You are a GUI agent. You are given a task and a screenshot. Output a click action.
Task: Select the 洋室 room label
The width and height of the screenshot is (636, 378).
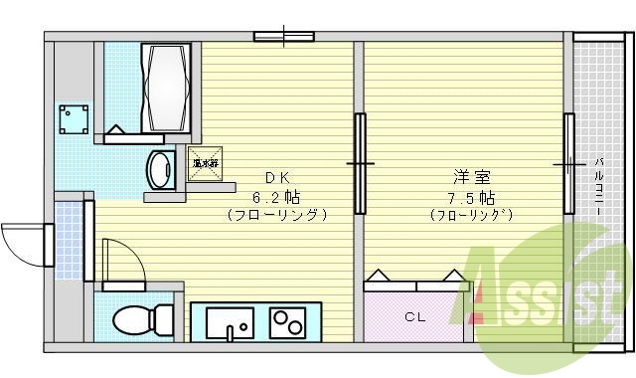[471, 178]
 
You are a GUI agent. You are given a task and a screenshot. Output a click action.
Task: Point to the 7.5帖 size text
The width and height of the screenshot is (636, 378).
[471, 196]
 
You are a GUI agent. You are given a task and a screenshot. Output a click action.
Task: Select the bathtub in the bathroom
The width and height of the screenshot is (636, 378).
[164, 89]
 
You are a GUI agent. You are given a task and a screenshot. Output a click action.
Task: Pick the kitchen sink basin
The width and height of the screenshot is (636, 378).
[231, 322]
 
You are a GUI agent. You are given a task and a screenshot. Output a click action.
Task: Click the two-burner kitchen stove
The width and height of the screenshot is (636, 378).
[287, 322]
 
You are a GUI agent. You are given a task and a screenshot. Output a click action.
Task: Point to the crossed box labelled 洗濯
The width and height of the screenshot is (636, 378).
[206, 162]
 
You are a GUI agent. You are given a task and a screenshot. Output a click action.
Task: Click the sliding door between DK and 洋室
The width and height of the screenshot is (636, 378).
[360, 162]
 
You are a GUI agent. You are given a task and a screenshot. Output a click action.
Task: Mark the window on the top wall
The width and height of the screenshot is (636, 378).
[283, 37]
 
